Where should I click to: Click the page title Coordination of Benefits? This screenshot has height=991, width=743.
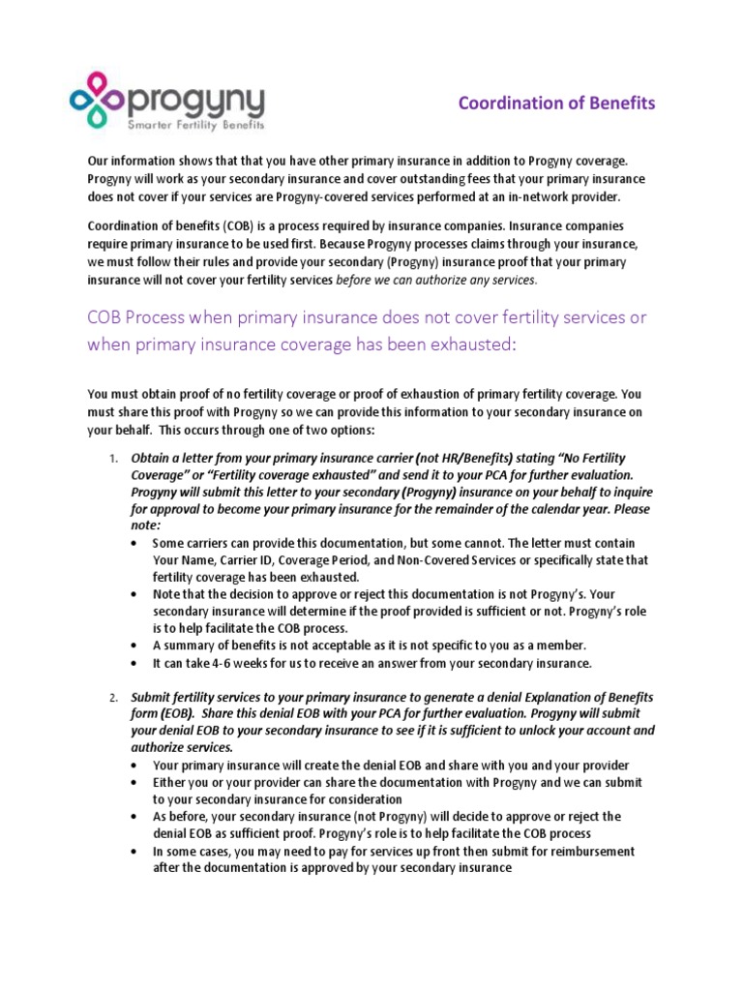click(556, 103)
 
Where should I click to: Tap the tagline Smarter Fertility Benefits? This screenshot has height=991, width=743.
click(196, 125)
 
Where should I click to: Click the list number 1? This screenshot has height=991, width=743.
click(112, 458)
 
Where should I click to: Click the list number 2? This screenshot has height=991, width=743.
click(112, 697)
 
